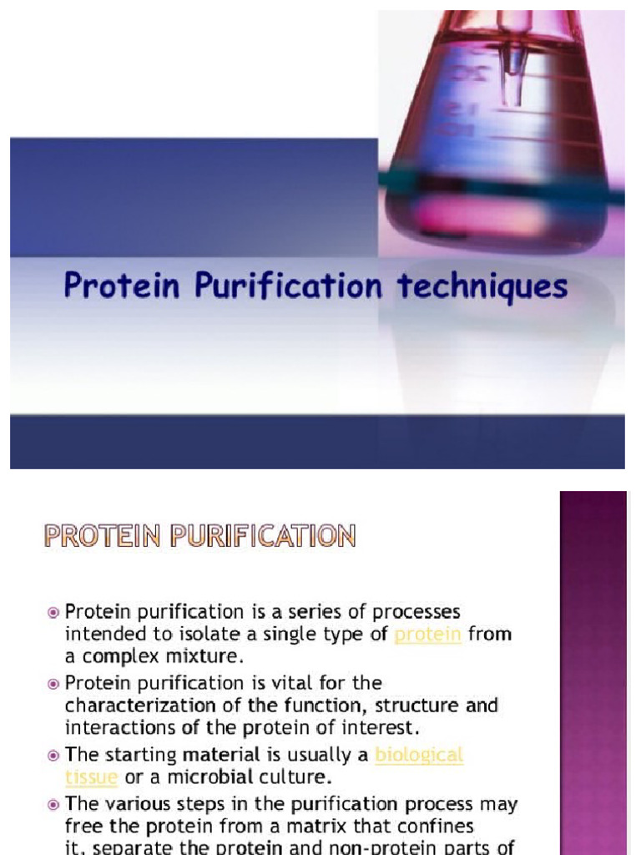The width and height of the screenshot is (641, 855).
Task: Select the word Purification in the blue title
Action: tap(289, 286)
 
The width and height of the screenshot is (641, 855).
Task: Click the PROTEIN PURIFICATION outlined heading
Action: tap(200, 535)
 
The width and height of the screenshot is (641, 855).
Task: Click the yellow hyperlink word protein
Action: tap(427, 635)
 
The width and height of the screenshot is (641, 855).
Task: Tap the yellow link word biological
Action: tap(419, 755)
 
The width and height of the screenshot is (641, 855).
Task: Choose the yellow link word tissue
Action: tap(91, 777)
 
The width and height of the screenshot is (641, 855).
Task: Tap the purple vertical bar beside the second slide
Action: tap(593, 668)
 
